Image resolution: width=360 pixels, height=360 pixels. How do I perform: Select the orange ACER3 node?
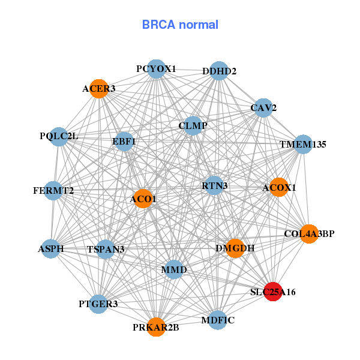coord(98,88)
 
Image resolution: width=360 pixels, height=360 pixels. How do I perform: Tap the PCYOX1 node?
coord(156,68)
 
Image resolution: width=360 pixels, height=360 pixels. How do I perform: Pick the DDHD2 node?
coord(219,70)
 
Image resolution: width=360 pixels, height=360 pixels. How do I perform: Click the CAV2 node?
coord(263,107)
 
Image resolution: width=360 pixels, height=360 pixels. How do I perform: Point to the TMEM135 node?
coord(303,144)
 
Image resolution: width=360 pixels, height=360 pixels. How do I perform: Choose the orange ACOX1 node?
coord(278,187)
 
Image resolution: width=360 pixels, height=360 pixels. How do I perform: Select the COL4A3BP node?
coord(308,233)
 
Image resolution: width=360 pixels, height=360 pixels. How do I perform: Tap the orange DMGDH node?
coord(235,248)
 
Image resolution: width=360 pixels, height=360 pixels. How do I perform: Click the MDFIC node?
coord(218,319)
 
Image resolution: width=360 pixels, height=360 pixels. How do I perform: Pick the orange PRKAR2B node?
coord(156,327)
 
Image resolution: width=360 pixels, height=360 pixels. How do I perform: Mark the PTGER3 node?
coord(98,304)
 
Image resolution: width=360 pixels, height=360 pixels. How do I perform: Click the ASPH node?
coord(50,248)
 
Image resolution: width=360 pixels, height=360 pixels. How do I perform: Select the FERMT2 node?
coord(53,191)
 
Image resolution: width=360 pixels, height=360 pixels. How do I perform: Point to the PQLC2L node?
coord(59,136)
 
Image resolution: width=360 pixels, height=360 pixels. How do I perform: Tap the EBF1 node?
coord(124,142)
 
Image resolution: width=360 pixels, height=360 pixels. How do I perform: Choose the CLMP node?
coord(193,125)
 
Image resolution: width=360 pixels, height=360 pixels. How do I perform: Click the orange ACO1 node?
coord(143,199)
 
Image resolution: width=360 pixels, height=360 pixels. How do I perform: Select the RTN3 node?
coord(214,185)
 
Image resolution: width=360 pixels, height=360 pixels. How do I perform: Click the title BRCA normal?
coord(180,25)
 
